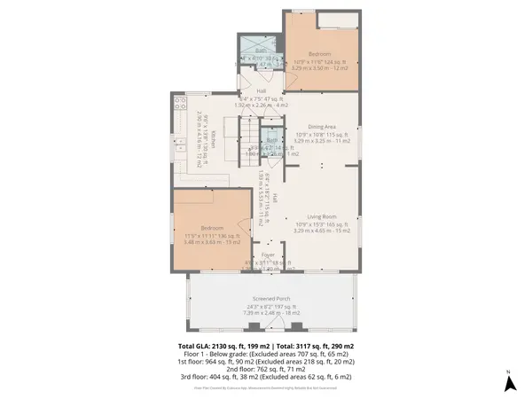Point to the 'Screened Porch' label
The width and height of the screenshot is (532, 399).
[271, 298]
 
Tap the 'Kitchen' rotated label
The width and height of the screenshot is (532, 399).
[212, 140]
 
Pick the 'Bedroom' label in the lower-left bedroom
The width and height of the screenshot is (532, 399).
[212, 228]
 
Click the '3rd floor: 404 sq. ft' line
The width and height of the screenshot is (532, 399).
[266, 378]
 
